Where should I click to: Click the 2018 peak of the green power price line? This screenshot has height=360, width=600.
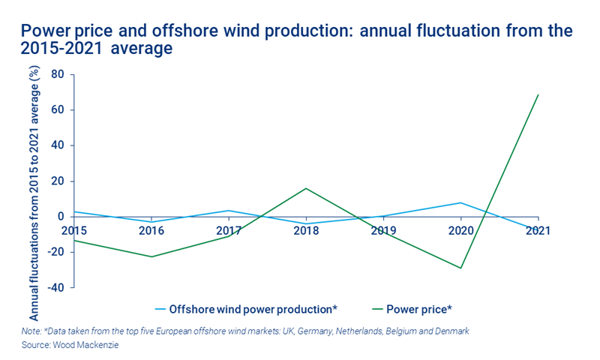(306, 188)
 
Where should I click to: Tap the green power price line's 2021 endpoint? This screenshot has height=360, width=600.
(538, 94)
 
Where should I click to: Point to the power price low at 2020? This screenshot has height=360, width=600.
(460, 268)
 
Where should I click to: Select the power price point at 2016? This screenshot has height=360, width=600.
(151, 257)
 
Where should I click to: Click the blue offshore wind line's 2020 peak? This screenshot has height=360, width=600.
(460, 202)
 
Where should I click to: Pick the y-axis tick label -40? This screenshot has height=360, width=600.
(55, 287)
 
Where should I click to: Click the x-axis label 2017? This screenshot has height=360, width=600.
(229, 230)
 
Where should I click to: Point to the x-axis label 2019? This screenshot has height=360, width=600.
(383, 230)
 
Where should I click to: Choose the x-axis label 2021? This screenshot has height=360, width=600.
(538, 230)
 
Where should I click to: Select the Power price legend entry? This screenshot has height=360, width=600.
(418, 308)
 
